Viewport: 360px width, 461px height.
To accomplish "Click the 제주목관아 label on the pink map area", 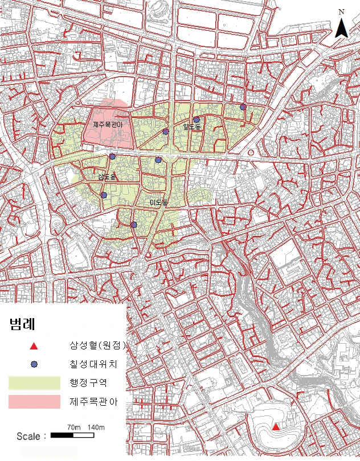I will [x=108, y=124].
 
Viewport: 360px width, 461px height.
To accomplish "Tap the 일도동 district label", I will [x=192, y=126].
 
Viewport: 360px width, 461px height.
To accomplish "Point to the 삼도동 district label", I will [x=107, y=177].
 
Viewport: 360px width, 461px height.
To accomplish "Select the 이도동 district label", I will [x=158, y=203].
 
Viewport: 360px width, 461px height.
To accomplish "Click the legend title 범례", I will [x=22, y=326].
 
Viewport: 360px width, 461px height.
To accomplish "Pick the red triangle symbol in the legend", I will [x=34, y=346].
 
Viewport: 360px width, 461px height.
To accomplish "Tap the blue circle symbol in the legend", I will [x=34, y=364].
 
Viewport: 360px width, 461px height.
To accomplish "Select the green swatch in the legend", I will [x=34, y=382].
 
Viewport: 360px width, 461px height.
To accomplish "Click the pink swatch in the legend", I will [x=34, y=402].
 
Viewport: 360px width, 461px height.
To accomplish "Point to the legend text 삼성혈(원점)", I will [x=97, y=345].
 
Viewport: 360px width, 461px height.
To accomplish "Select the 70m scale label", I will [x=73, y=427].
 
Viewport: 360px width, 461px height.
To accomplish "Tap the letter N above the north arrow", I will [x=341, y=11].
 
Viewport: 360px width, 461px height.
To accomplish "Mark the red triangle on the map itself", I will [x=276, y=427].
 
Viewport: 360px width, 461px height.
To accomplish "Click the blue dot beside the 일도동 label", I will [x=197, y=120].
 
